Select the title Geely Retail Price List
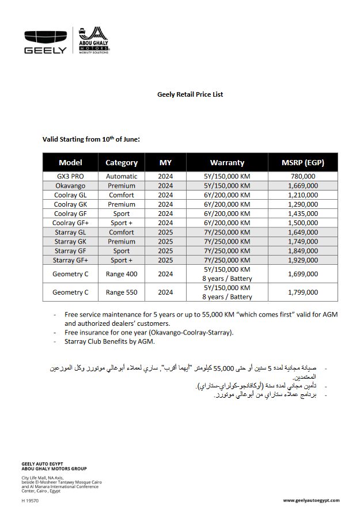[x=190, y=94]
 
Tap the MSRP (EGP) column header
[x=302, y=162]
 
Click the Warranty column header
[x=227, y=162]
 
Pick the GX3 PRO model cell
[x=70, y=176]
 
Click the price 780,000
[x=302, y=176]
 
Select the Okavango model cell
[x=70, y=186]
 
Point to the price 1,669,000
[x=302, y=186]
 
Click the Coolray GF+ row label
[x=70, y=223]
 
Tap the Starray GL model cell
[x=70, y=233]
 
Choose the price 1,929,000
[x=302, y=260]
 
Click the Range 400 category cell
[x=122, y=274]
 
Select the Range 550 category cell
[x=122, y=292]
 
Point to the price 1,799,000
[x=302, y=292]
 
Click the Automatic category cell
[x=122, y=176]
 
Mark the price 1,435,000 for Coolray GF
[x=302, y=214]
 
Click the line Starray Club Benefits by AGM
[x=109, y=341]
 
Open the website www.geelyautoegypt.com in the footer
[x=311, y=501]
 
